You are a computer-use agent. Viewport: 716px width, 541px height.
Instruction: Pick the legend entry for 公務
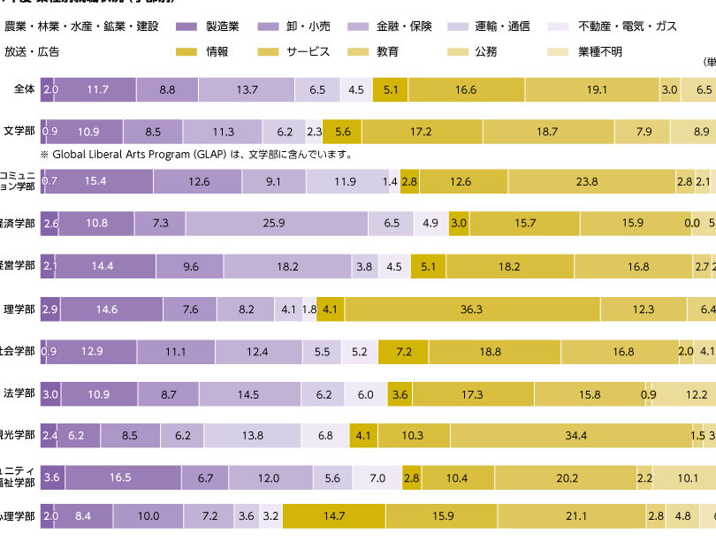[485, 51]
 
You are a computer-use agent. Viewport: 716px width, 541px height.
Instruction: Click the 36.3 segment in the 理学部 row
[471, 309]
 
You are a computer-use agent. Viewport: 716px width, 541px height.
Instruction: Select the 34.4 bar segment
[577, 436]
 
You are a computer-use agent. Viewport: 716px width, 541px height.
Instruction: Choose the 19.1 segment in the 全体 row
[591, 89]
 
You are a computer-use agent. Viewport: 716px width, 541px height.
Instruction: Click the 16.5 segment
[121, 478]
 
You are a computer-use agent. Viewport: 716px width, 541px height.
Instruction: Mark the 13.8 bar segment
[253, 436]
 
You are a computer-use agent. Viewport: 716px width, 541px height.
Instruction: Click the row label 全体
[24, 89]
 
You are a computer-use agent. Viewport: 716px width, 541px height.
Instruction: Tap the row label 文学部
[19, 131]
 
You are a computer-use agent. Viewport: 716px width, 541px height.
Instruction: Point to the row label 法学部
[19, 392]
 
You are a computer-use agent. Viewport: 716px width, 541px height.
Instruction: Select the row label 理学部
[19, 309]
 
